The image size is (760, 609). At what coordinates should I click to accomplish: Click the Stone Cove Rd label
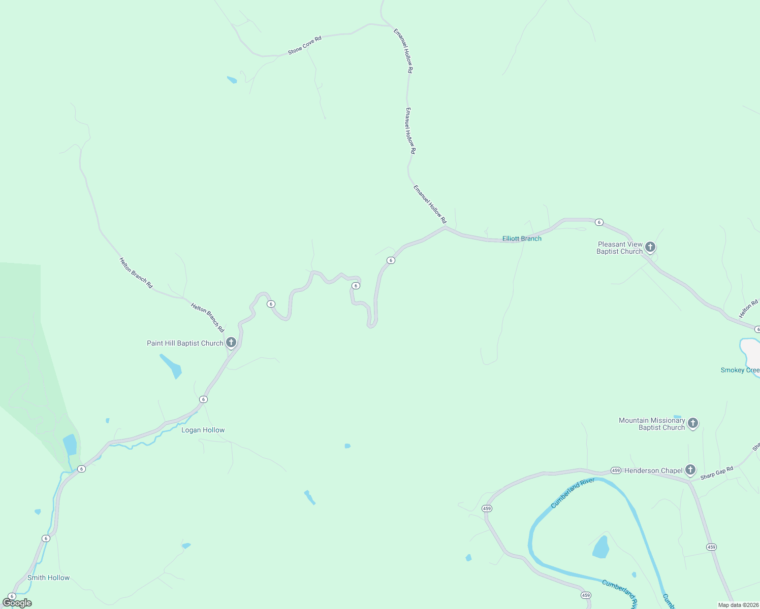(305, 45)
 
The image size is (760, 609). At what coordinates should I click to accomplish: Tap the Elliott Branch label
(522, 239)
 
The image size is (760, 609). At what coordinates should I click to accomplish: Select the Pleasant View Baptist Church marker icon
(650, 247)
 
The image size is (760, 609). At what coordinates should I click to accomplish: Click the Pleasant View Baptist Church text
(620, 248)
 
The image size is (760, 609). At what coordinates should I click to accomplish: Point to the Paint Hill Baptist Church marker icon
(231, 343)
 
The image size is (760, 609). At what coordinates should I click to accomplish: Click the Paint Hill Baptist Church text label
(185, 344)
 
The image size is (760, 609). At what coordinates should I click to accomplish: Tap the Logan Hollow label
(203, 430)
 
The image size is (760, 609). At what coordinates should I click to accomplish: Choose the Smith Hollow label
(48, 578)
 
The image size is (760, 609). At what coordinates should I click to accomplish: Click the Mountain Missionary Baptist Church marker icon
(693, 423)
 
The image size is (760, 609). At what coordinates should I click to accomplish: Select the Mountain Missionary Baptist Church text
(652, 424)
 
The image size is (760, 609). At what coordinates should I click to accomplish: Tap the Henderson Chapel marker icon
(690, 470)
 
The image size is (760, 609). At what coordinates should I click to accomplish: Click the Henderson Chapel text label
(653, 470)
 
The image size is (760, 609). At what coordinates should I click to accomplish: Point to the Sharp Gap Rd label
(717, 473)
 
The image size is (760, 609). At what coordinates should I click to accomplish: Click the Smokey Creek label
(740, 370)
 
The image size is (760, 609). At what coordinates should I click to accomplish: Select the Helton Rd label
(748, 309)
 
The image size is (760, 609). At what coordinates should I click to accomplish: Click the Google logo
(17, 603)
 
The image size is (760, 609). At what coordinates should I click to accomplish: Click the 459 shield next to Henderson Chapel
(616, 470)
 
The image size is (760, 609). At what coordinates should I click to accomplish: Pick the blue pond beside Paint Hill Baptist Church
(171, 366)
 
